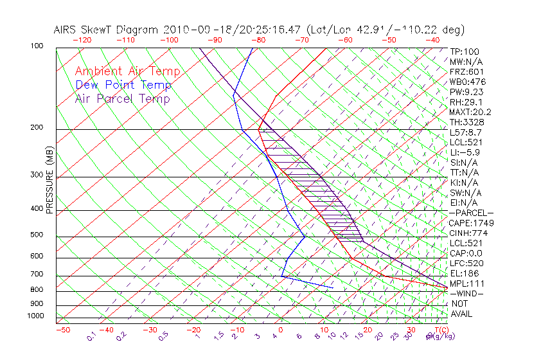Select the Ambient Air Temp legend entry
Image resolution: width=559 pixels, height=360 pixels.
point(127,71)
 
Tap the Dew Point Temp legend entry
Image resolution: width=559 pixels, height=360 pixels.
point(123,85)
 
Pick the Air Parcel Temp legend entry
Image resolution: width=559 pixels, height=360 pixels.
point(123,98)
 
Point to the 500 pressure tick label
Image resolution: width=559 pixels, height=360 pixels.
point(36,235)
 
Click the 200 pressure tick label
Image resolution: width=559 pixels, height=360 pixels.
point(36,127)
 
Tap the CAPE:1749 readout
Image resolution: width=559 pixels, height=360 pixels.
point(471,223)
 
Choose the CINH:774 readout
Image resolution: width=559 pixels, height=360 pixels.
point(468,233)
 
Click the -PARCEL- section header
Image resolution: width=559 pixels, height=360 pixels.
point(471,213)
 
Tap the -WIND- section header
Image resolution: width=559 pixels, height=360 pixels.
point(466,293)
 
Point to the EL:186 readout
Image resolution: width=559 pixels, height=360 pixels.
point(464,273)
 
